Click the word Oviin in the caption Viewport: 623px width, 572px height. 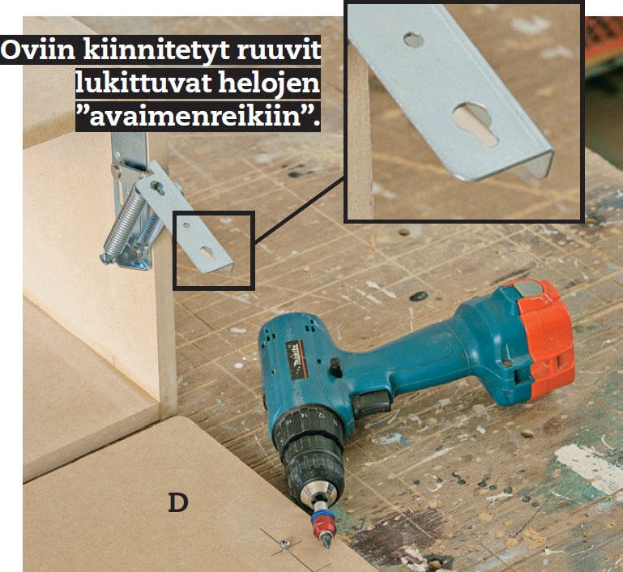[x=38, y=50]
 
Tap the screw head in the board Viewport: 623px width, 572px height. [x=284, y=543]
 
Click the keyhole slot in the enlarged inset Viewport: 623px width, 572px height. [x=476, y=123]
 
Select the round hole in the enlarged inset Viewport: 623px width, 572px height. [x=413, y=40]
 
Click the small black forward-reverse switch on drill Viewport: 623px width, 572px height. [x=335, y=367]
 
